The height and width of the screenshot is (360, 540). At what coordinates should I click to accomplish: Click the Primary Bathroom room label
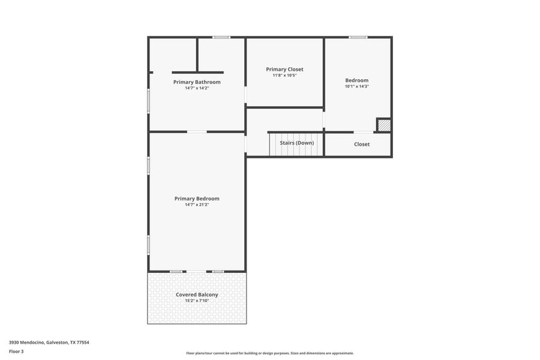(x=197, y=82)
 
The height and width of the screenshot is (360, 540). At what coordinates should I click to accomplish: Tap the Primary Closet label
(x=284, y=69)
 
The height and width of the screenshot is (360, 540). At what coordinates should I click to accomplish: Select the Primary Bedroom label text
(x=197, y=199)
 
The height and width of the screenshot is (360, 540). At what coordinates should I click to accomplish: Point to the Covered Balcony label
(x=197, y=295)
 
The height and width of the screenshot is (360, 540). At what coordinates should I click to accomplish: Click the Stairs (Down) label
(x=296, y=143)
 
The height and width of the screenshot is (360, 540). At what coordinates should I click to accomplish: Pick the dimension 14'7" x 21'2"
(x=197, y=205)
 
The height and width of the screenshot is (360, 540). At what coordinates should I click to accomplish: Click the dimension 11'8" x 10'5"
(x=284, y=75)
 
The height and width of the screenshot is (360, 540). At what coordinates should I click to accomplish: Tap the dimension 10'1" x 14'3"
(x=356, y=86)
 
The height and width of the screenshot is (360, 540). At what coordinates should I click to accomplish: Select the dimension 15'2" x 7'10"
(x=197, y=301)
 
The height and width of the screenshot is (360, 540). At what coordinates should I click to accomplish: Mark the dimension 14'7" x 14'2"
(x=197, y=88)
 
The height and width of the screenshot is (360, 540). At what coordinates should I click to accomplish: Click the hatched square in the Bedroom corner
(x=384, y=125)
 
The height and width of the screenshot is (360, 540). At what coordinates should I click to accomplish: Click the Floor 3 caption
(x=16, y=351)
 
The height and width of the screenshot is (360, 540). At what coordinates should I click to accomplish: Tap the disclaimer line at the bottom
(x=269, y=353)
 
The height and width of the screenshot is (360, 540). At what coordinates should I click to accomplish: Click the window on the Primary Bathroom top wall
(x=221, y=37)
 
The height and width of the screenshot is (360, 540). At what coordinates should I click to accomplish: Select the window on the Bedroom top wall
(x=358, y=37)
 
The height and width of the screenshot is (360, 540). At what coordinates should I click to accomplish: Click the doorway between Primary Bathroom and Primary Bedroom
(x=197, y=131)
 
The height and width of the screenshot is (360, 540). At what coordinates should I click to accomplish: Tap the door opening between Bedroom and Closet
(x=363, y=132)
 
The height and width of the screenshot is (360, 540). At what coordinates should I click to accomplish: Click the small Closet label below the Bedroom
(x=362, y=144)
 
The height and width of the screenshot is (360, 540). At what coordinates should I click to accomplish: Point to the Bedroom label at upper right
(x=356, y=80)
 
